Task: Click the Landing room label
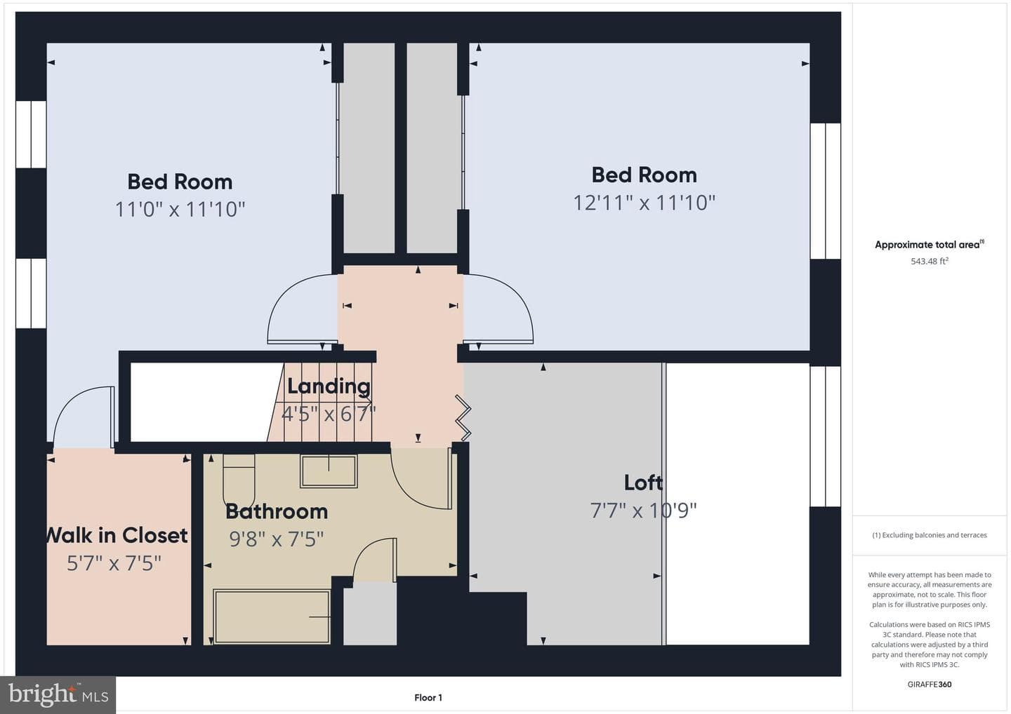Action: click(329, 386)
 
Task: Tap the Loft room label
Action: click(643, 483)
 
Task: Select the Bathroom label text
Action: click(277, 511)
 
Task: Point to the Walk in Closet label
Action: click(117, 535)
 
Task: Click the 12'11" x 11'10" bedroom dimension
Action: click(644, 203)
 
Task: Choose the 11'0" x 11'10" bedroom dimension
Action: click(180, 209)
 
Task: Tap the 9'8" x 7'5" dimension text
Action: click(277, 539)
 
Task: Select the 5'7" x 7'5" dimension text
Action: click(114, 563)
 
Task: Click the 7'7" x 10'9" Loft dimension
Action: click(643, 511)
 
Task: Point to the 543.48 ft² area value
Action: click(930, 261)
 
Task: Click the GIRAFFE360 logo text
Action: click(930, 685)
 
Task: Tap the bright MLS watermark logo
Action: click(58, 694)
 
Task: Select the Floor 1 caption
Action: click(428, 698)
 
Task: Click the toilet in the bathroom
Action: click(239, 480)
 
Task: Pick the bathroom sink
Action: click(329, 471)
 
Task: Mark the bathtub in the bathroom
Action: click(272, 617)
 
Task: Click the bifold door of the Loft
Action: click(463, 418)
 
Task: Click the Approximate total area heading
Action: click(930, 244)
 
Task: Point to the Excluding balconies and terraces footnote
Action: click(930, 535)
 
